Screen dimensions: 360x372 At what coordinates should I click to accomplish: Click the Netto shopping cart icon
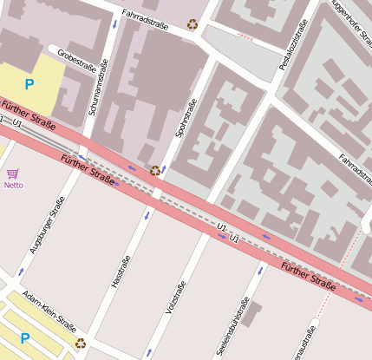(12, 174)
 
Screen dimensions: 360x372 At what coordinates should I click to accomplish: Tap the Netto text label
(13, 185)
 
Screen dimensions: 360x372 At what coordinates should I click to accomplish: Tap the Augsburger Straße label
(47, 225)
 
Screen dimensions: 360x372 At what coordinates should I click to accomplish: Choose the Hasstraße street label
(121, 272)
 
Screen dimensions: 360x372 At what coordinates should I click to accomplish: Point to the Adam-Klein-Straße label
(49, 311)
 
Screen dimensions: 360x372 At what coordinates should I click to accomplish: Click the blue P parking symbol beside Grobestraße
(29, 84)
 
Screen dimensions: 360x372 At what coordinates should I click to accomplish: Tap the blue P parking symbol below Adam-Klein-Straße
(25, 338)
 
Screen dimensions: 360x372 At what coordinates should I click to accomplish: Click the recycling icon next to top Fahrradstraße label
(193, 24)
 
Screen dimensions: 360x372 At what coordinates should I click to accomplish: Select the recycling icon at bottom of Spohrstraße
(155, 171)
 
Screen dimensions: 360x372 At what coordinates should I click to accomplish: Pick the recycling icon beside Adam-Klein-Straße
(80, 343)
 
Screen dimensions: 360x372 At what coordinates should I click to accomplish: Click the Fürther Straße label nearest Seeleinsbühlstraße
(308, 279)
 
